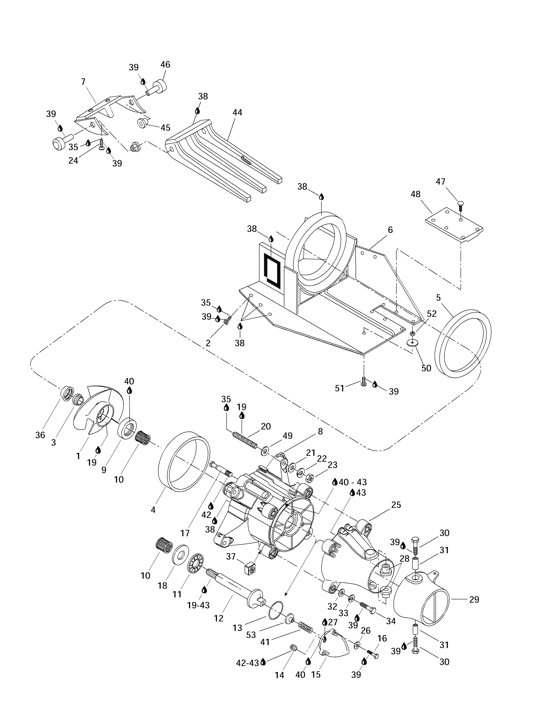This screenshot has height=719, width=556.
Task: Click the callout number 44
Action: tap(237, 113)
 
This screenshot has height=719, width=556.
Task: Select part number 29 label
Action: tap(474, 599)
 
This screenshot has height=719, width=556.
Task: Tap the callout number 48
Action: tap(416, 194)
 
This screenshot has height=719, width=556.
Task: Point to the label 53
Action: tap(251, 635)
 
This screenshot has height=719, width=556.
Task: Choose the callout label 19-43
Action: tap(198, 605)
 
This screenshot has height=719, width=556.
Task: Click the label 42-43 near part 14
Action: tap(248, 663)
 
